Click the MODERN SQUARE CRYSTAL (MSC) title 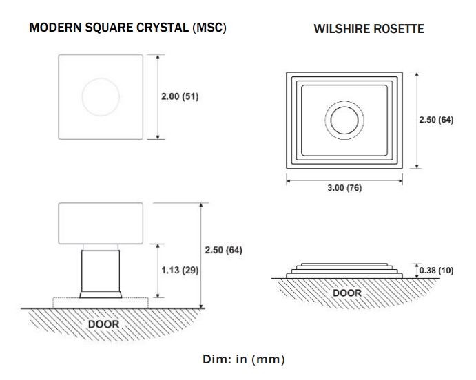click(128, 28)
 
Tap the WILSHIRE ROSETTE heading click(369, 29)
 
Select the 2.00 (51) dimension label click(180, 96)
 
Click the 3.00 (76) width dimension click(344, 188)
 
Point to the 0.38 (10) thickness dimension click(436, 271)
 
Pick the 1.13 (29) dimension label click(180, 270)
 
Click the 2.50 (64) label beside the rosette click(436, 120)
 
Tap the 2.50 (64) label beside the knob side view click(223, 250)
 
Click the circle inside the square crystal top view click(101, 78)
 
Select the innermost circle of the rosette click(344, 107)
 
